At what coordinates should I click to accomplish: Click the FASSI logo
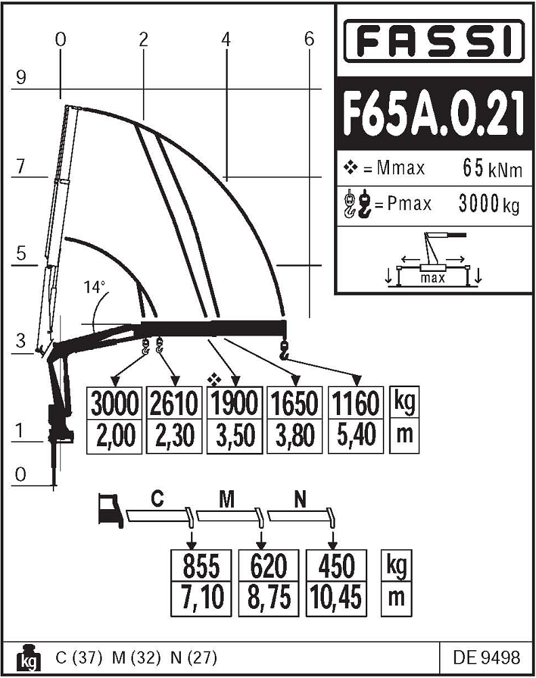tap(434, 41)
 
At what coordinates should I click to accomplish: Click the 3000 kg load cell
tap(115, 404)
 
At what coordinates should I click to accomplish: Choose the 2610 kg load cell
tap(173, 404)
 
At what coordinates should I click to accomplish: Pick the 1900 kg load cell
tap(233, 404)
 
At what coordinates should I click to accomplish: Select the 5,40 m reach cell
tap(355, 435)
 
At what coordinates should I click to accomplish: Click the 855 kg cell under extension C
tap(201, 565)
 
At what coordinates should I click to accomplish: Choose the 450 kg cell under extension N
tap(335, 565)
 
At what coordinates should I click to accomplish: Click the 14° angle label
tap(96, 287)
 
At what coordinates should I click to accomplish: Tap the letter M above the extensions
tap(227, 500)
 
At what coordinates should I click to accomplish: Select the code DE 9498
tap(487, 658)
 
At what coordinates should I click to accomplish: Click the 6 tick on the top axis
tap(309, 39)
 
